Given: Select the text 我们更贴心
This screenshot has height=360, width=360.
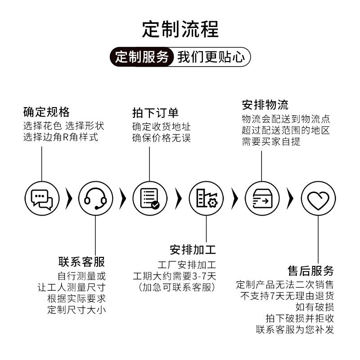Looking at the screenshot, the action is click(211, 57).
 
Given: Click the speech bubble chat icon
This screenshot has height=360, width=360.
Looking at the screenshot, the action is click(42, 198).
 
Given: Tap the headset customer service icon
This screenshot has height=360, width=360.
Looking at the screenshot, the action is click(95, 198).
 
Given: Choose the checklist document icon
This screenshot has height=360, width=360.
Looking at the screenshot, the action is click(149, 198).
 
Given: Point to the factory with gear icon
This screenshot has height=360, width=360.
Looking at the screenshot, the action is click(206, 198).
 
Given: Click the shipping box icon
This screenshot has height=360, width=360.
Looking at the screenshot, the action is click(261, 198).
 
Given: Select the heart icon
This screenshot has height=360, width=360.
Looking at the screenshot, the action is click(318, 198).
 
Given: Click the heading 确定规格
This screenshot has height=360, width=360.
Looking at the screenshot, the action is click(46, 112).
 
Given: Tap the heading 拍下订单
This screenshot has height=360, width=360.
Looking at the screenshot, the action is click(155, 112).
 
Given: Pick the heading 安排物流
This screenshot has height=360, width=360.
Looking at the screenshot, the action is click(265, 105).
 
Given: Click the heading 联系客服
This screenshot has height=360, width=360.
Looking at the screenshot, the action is click(82, 261).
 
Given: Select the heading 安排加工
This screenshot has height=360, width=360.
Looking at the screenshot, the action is click(193, 249).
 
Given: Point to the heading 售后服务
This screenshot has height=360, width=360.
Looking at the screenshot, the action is click(311, 271).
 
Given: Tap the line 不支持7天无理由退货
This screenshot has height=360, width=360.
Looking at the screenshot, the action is click(287, 296).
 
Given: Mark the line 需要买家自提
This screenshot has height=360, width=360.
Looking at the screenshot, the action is click(271, 142).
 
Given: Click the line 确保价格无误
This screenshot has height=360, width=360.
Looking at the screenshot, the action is click(162, 138).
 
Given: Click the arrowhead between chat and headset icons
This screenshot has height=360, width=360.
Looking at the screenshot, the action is click(69, 198).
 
